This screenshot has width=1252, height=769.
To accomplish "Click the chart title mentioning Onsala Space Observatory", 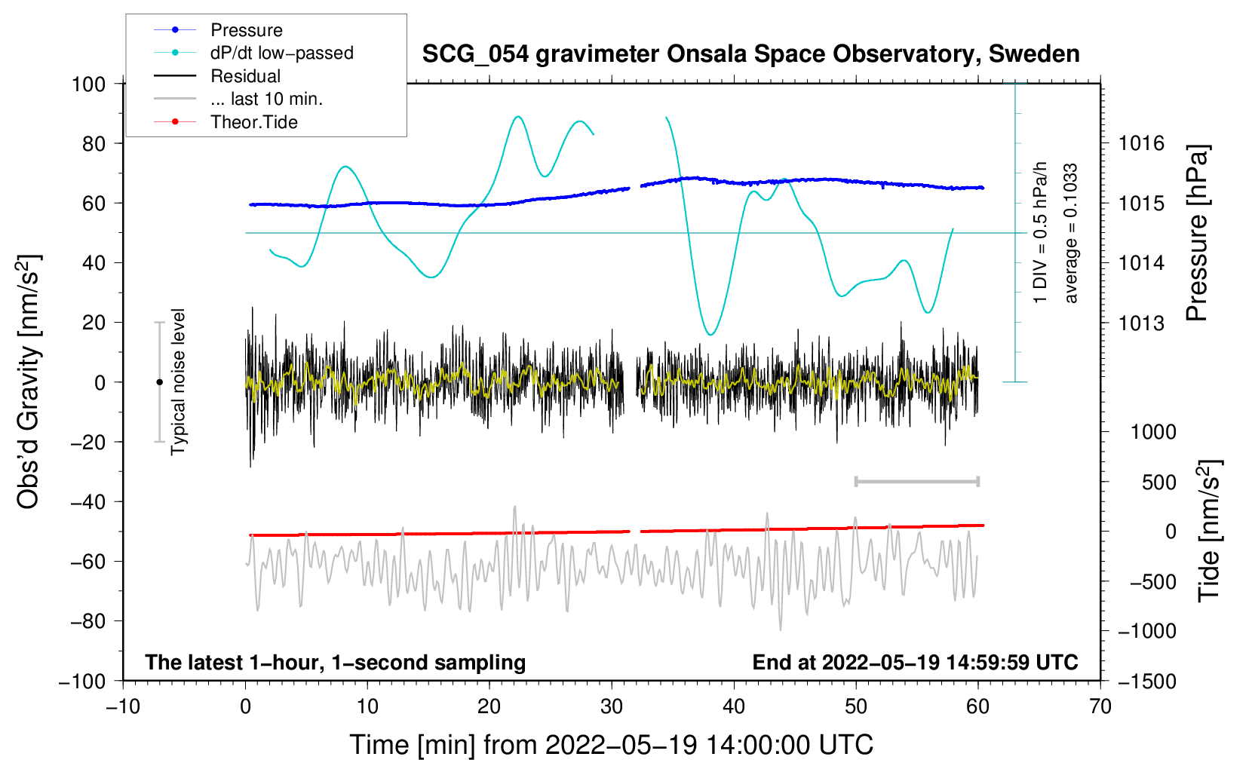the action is tap(750, 54).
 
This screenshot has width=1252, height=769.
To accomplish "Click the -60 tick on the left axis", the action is tap(87, 561).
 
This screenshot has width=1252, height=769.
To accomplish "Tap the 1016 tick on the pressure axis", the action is tap(1141, 144).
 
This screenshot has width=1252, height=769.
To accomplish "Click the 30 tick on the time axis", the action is tap(612, 707).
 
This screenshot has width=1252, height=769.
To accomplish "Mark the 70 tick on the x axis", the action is tap(1100, 707).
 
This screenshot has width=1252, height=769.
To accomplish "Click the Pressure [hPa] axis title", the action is tap(1197, 232).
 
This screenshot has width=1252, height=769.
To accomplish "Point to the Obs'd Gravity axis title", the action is tap(28, 381).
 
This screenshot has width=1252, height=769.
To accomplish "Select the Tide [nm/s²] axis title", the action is tap(1210, 531).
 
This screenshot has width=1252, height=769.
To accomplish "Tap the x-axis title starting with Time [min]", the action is tap(612, 745).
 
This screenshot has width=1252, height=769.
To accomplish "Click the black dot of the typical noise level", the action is tap(159, 382).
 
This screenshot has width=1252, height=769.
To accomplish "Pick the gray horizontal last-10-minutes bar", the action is tap(916, 482).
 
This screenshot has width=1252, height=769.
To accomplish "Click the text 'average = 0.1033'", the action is tap(1070, 233).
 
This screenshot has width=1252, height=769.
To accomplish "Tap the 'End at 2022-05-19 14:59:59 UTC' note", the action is tap(915, 662).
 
